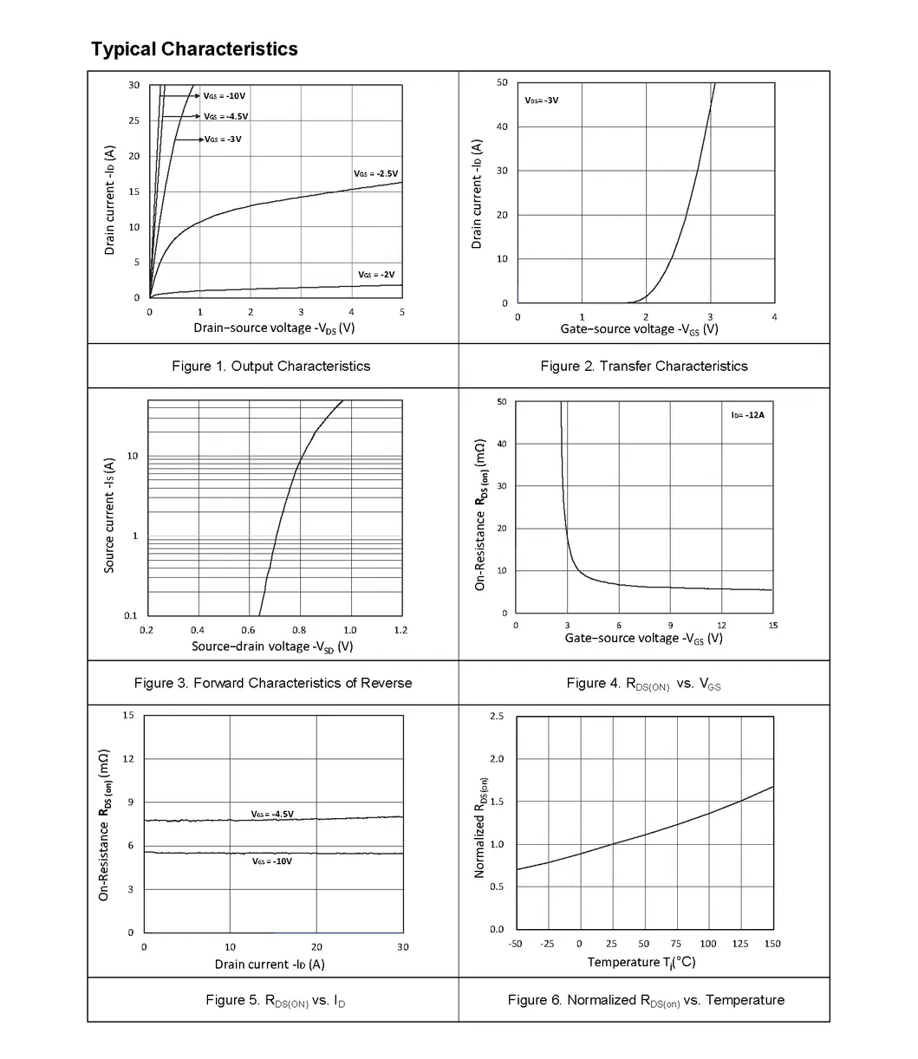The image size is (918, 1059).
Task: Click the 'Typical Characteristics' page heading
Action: [194, 49]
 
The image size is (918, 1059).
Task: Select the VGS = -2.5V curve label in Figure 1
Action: [375, 174]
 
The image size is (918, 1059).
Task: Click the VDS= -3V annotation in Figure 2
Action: [541, 101]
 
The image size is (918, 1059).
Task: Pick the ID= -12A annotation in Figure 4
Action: [747, 415]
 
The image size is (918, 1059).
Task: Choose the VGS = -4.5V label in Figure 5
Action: [272, 815]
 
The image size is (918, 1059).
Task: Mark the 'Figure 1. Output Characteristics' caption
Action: [270, 367]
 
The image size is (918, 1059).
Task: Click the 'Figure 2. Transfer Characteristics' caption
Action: [643, 367]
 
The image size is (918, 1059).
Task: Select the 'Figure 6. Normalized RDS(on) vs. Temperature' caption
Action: [646, 1000]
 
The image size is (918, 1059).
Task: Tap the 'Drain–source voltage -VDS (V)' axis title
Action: [274, 328]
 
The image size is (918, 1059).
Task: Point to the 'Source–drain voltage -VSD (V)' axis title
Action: [272, 646]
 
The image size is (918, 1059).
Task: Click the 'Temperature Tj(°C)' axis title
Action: [641, 963]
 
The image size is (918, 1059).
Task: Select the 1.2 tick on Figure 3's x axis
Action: [400, 631]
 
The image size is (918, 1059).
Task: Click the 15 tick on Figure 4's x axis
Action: [772, 626]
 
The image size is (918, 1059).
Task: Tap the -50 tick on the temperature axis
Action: [515, 944]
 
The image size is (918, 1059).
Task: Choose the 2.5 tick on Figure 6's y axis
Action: [497, 717]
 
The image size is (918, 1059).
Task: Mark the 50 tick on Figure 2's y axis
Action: [502, 82]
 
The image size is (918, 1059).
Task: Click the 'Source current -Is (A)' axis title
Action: [110, 516]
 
